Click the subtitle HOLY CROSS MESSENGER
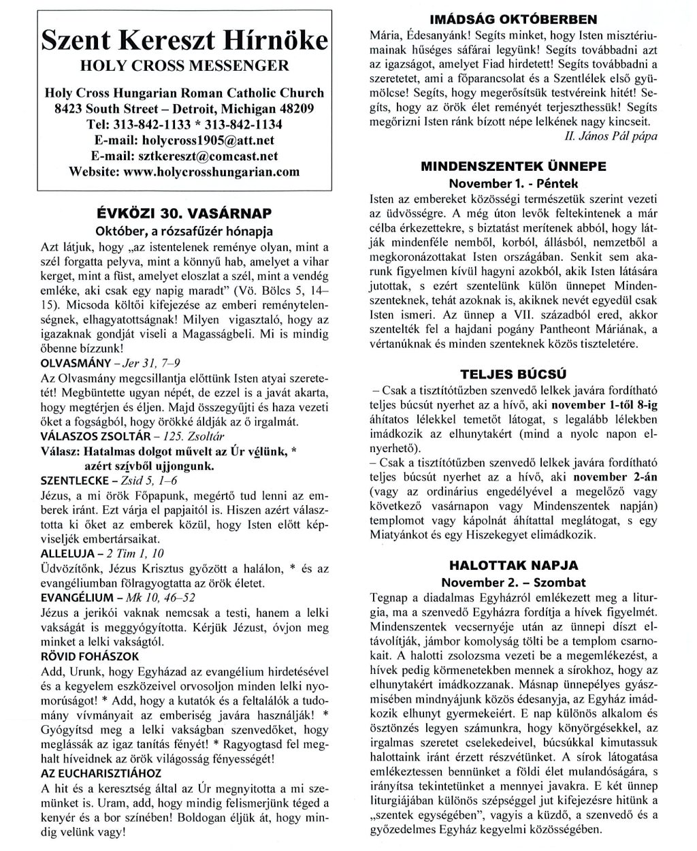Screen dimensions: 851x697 coord(184,66)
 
